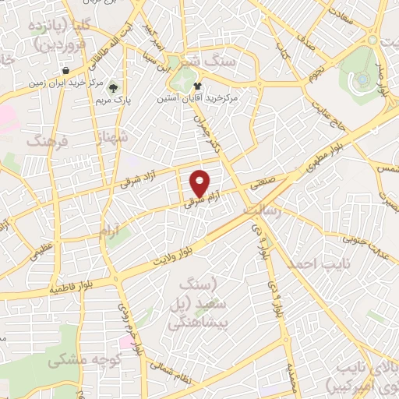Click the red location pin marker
200,182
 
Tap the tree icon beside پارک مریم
114,87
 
